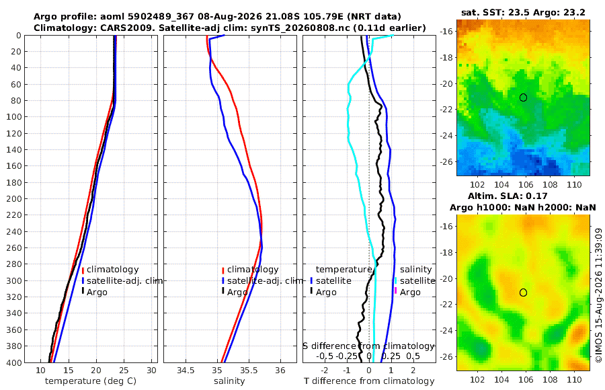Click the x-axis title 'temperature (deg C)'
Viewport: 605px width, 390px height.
[91, 381]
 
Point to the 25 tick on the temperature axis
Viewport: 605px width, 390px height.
[124, 370]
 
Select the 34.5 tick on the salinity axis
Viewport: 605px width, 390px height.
[186, 370]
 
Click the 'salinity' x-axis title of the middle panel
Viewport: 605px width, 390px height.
[229, 381]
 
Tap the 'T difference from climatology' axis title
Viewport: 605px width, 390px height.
[369, 381]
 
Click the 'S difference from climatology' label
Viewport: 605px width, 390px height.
[369, 346]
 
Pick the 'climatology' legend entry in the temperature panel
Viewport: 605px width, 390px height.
[112, 270]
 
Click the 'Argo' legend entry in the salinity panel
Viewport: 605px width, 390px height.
[237, 292]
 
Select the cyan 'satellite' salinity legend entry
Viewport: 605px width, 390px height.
[417, 280]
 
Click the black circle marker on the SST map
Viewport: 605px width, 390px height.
[523, 97]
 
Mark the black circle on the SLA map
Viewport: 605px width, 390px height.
[523, 292]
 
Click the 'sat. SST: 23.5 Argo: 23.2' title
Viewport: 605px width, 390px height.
[523, 12]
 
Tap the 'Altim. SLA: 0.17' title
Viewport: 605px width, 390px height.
[508, 196]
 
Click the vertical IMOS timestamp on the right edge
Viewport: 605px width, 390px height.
[599, 295]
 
